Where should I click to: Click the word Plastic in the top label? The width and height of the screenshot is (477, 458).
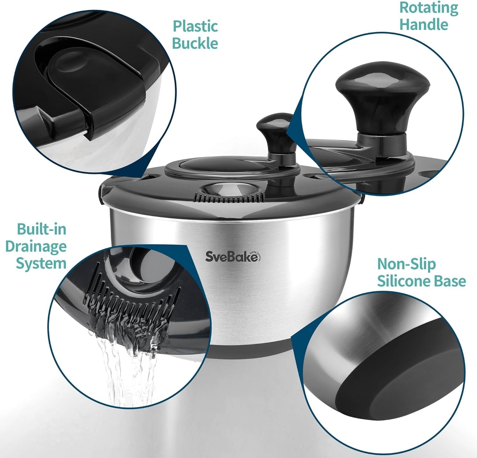(195, 26)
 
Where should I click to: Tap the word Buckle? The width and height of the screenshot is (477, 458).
(195, 44)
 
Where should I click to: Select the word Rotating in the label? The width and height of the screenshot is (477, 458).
(429, 8)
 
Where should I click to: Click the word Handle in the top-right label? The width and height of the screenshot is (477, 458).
(424, 24)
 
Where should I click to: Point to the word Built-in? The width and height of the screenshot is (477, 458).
(42, 229)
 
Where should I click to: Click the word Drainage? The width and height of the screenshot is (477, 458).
(36, 246)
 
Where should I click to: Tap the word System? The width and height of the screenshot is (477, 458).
(41, 263)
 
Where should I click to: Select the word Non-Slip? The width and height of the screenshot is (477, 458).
(406, 264)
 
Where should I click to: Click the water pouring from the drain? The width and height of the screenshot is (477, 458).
(127, 366)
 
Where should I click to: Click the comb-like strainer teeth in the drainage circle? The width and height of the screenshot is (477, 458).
(127, 305)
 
